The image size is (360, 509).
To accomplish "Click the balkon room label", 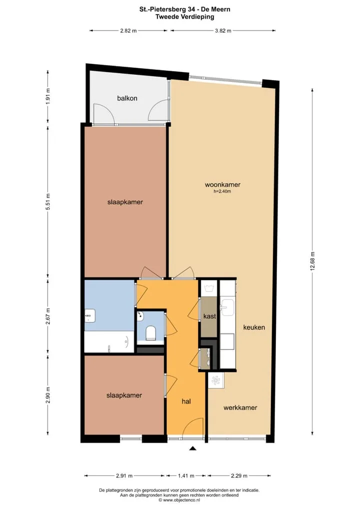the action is pyautogui.click(x=127, y=98).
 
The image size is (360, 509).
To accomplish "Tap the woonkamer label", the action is pyautogui.click(x=222, y=184).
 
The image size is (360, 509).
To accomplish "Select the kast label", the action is pyautogui.click(x=209, y=316).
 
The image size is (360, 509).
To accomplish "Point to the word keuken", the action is pyautogui.click(x=254, y=327).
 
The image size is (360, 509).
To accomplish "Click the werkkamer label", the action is pyautogui.click(x=240, y=407).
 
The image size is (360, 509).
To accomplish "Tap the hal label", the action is pyautogui.click(x=186, y=401).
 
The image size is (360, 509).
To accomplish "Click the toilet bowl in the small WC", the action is pyautogui.click(x=150, y=333).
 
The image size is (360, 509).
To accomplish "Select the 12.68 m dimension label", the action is pyautogui.click(x=312, y=261).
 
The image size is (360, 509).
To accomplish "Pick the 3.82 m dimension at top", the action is pyautogui.click(x=223, y=31).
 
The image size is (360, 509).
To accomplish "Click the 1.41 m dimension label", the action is pyautogui.click(x=186, y=476).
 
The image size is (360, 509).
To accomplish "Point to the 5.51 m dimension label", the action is pyautogui.click(x=47, y=201).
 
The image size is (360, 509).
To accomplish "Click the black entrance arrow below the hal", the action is pyautogui.click(x=193, y=448).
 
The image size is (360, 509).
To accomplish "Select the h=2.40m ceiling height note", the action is pyautogui.click(x=222, y=191).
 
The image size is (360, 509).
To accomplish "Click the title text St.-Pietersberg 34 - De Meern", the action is pyautogui.click(x=184, y=9).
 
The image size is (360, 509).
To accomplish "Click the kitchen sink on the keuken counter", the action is pyautogui.click(x=227, y=307).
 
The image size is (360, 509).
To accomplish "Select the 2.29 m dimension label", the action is pyautogui.click(x=238, y=476).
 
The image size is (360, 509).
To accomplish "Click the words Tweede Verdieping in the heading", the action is pyautogui.click(x=184, y=17).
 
